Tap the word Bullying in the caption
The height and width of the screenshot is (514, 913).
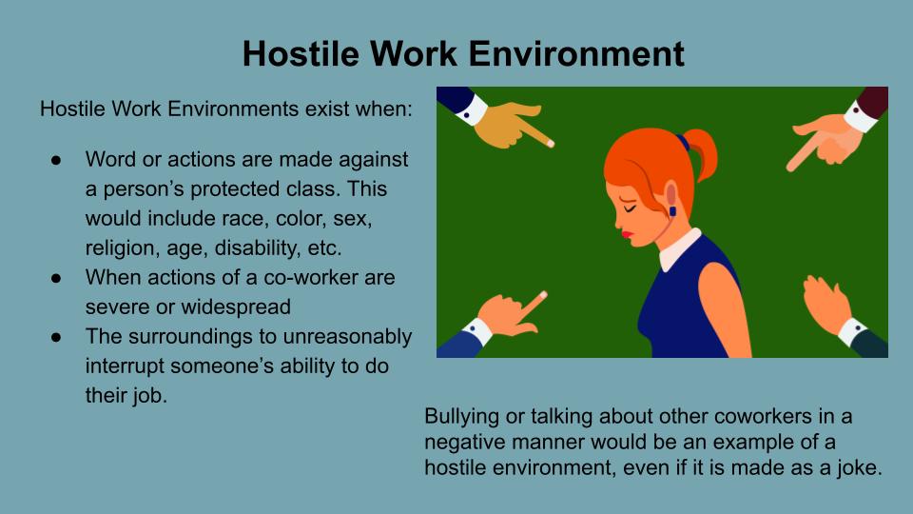coord(461,417)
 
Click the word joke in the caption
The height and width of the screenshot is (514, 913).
coord(858,468)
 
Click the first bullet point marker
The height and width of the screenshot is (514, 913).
coord(56,160)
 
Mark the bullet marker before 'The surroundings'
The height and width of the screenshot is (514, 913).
coord(56,337)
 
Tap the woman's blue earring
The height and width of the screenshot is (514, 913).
coord(672,210)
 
